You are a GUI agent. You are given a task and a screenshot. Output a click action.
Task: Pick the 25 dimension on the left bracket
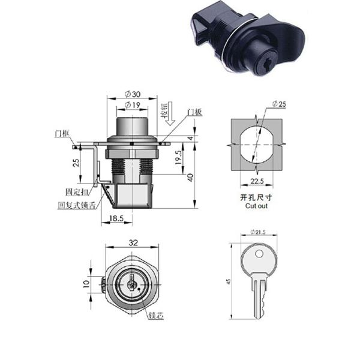75,163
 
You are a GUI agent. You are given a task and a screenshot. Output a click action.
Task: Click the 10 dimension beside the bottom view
85,283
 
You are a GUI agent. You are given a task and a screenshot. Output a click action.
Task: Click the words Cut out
256,205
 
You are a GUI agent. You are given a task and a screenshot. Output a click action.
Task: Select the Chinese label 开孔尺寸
256,197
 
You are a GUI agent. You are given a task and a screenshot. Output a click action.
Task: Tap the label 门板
193,112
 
